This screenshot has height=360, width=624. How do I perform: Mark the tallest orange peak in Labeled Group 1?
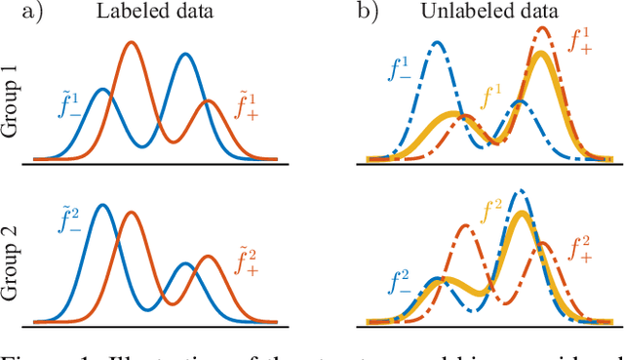pos(132,43)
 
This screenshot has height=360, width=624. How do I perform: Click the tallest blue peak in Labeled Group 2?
pos(100,206)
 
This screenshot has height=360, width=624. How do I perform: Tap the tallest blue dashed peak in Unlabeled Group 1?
pos(438,43)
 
